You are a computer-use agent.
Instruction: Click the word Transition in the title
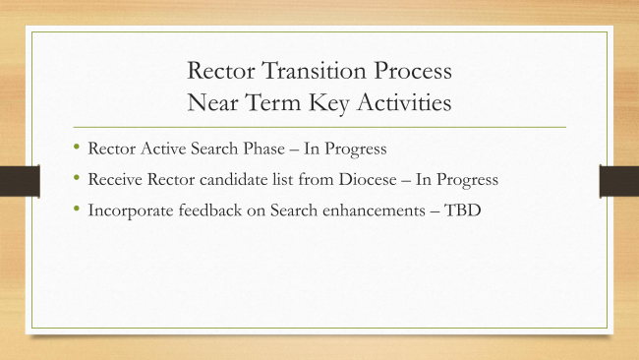pyautogui.click(x=314, y=70)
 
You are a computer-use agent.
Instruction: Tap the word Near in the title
pyautogui.click(x=212, y=102)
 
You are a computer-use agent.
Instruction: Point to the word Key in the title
pyautogui.click(x=329, y=102)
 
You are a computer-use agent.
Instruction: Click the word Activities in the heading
pyautogui.click(x=405, y=102)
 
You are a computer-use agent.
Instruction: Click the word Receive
pyautogui.click(x=115, y=179)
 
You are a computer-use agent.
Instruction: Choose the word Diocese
pyautogui.click(x=368, y=179)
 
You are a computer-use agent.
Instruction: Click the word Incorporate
pyautogui.click(x=131, y=210)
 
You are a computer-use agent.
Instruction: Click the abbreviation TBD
pyautogui.click(x=462, y=210)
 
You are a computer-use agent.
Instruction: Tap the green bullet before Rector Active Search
pyautogui.click(x=77, y=147)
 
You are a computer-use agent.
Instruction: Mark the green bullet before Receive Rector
pyautogui.click(x=77, y=177)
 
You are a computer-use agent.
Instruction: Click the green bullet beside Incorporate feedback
pyautogui.click(x=77, y=209)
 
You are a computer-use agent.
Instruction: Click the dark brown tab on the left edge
pyautogui.click(x=20, y=181)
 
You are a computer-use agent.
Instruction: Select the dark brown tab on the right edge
pyautogui.click(x=619, y=181)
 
